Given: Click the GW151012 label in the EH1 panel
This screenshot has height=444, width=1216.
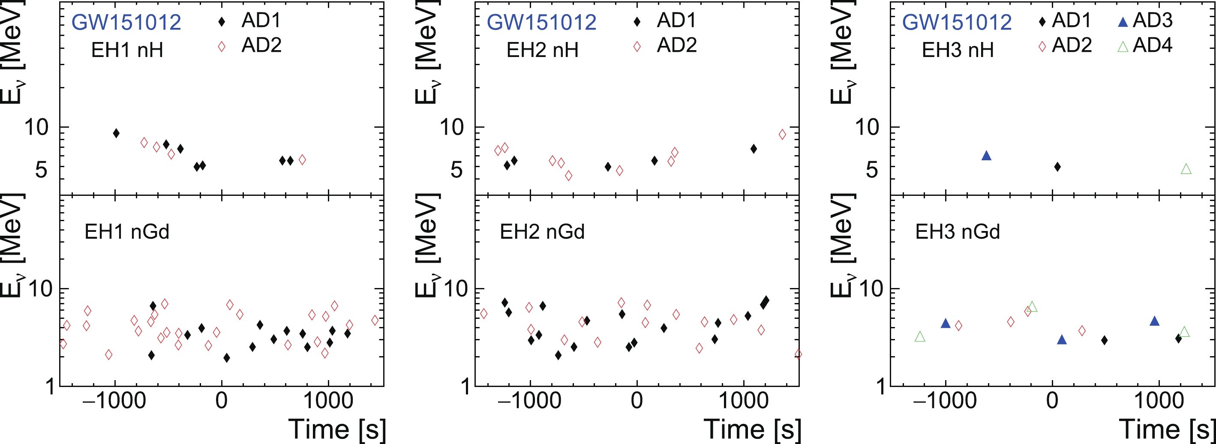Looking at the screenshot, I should (x=126, y=22).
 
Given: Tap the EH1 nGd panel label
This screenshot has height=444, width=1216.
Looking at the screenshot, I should (x=126, y=232).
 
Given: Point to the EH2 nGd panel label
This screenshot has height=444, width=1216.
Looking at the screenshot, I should (x=542, y=232).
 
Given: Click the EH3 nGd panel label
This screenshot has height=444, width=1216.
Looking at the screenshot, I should (x=957, y=232).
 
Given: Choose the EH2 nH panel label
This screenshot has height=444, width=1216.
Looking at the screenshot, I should (x=542, y=50).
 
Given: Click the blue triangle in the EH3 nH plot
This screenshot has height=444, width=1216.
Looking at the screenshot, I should (x=986, y=156).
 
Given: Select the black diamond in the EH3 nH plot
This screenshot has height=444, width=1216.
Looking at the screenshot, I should (x=1057, y=167).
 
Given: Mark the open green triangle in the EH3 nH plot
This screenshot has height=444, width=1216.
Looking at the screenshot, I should (x=1186, y=169).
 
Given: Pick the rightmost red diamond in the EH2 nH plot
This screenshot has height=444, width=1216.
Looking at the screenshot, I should (x=782, y=135).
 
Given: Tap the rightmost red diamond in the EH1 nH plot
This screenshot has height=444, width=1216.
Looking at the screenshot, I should (x=302, y=160).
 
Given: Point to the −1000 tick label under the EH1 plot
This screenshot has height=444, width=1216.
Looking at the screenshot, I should (x=114, y=401).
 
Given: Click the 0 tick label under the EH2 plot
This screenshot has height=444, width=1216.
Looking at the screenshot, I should (x=637, y=401).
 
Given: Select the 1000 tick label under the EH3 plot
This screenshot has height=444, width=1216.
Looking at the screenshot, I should (x=1159, y=401).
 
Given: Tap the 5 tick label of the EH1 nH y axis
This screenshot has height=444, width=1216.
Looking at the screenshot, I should (x=41, y=169).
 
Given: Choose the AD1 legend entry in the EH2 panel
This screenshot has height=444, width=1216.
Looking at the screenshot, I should (x=666, y=20).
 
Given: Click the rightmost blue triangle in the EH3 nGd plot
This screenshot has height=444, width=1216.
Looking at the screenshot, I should (x=1154, y=321).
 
